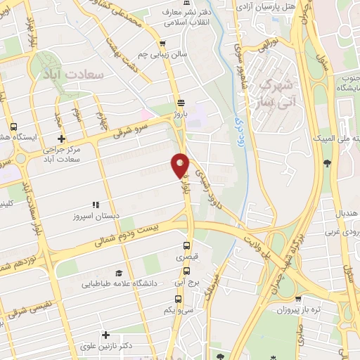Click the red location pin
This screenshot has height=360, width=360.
[x=181, y=165]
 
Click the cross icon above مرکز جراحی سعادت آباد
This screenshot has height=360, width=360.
[x=62, y=139]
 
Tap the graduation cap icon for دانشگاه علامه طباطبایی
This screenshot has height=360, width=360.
[x=118, y=273]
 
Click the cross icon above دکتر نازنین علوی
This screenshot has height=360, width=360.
[x=105, y=335]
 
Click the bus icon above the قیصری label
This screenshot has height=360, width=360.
[x=186, y=246]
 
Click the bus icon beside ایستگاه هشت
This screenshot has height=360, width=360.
[x=14, y=127]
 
